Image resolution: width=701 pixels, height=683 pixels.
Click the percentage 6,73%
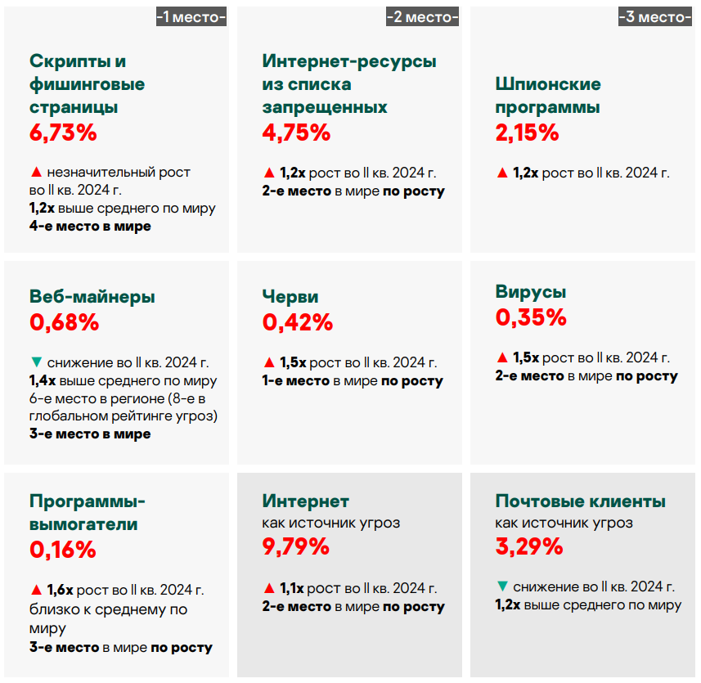click(x=63, y=133)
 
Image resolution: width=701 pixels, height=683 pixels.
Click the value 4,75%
click(x=296, y=133)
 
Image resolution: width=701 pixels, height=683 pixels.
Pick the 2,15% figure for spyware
click(x=528, y=133)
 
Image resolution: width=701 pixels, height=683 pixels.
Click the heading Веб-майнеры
click(x=92, y=297)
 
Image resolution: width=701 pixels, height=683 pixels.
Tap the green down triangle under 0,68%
click(x=35, y=362)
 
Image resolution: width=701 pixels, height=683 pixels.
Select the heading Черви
click(x=290, y=297)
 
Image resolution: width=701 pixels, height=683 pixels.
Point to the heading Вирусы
click(x=531, y=292)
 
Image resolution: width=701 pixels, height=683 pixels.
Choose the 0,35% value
click(x=531, y=317)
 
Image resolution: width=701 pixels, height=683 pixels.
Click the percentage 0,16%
click(x=63, y=550)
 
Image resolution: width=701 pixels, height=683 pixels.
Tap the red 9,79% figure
click(x=296, y=546)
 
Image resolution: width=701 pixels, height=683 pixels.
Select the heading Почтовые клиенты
click(x=581, y=501)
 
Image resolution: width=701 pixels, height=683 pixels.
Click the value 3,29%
click(x=529, y=546)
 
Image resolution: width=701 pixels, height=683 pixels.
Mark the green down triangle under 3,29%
click(x=501, y=586)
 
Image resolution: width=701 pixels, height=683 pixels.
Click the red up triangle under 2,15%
click(x=501, y=173)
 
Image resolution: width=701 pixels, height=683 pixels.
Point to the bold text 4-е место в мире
click(x=90, y=226)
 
